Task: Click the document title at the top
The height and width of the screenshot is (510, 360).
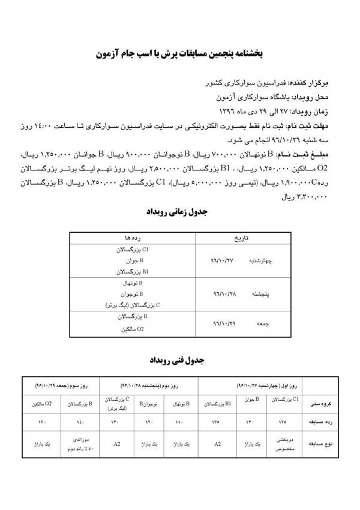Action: (179, 53)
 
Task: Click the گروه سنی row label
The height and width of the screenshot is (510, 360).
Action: (325, 404)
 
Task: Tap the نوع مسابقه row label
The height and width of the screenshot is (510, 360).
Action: (324, 445)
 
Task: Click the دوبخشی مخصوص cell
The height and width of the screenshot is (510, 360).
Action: (282, 445)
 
